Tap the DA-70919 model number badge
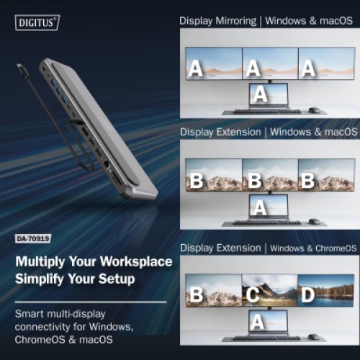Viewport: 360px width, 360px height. coord(34,238)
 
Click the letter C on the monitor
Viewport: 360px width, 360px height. coord(252,294)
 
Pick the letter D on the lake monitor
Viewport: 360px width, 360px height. coord(308,294)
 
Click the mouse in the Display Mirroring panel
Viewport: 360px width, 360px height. coord(314,110)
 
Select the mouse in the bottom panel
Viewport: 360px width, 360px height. coord(314,336)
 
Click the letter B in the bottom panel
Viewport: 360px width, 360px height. coord(195,294)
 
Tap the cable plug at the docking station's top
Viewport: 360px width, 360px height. coord(22,69)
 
